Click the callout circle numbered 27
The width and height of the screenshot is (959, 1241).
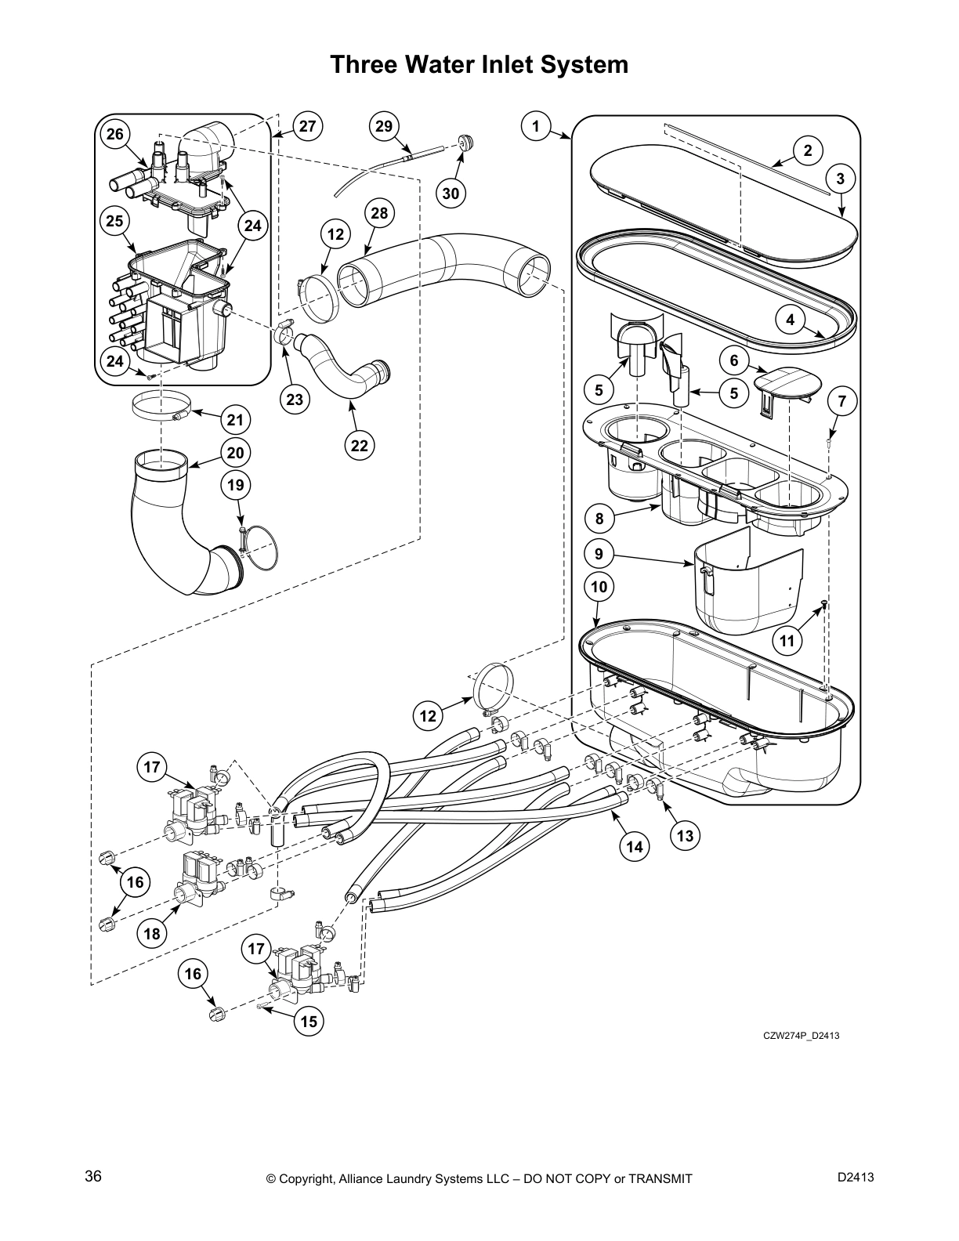coord(308,127)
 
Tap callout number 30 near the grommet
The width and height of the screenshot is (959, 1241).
coord(451,193)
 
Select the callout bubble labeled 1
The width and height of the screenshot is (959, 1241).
coord(535,127)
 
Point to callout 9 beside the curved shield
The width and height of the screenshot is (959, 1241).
coord(599,554)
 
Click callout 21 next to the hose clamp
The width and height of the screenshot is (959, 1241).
coord(235,420)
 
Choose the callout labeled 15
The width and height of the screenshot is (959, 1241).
coord(308,1022)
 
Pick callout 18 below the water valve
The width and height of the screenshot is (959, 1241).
coord(152,933)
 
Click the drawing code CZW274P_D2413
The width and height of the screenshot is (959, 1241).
coord(802,1036)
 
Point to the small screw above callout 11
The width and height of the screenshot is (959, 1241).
coord(824,602)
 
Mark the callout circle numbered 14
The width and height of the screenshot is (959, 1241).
coord(635,846)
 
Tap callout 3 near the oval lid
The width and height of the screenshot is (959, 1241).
coord(840,179)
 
